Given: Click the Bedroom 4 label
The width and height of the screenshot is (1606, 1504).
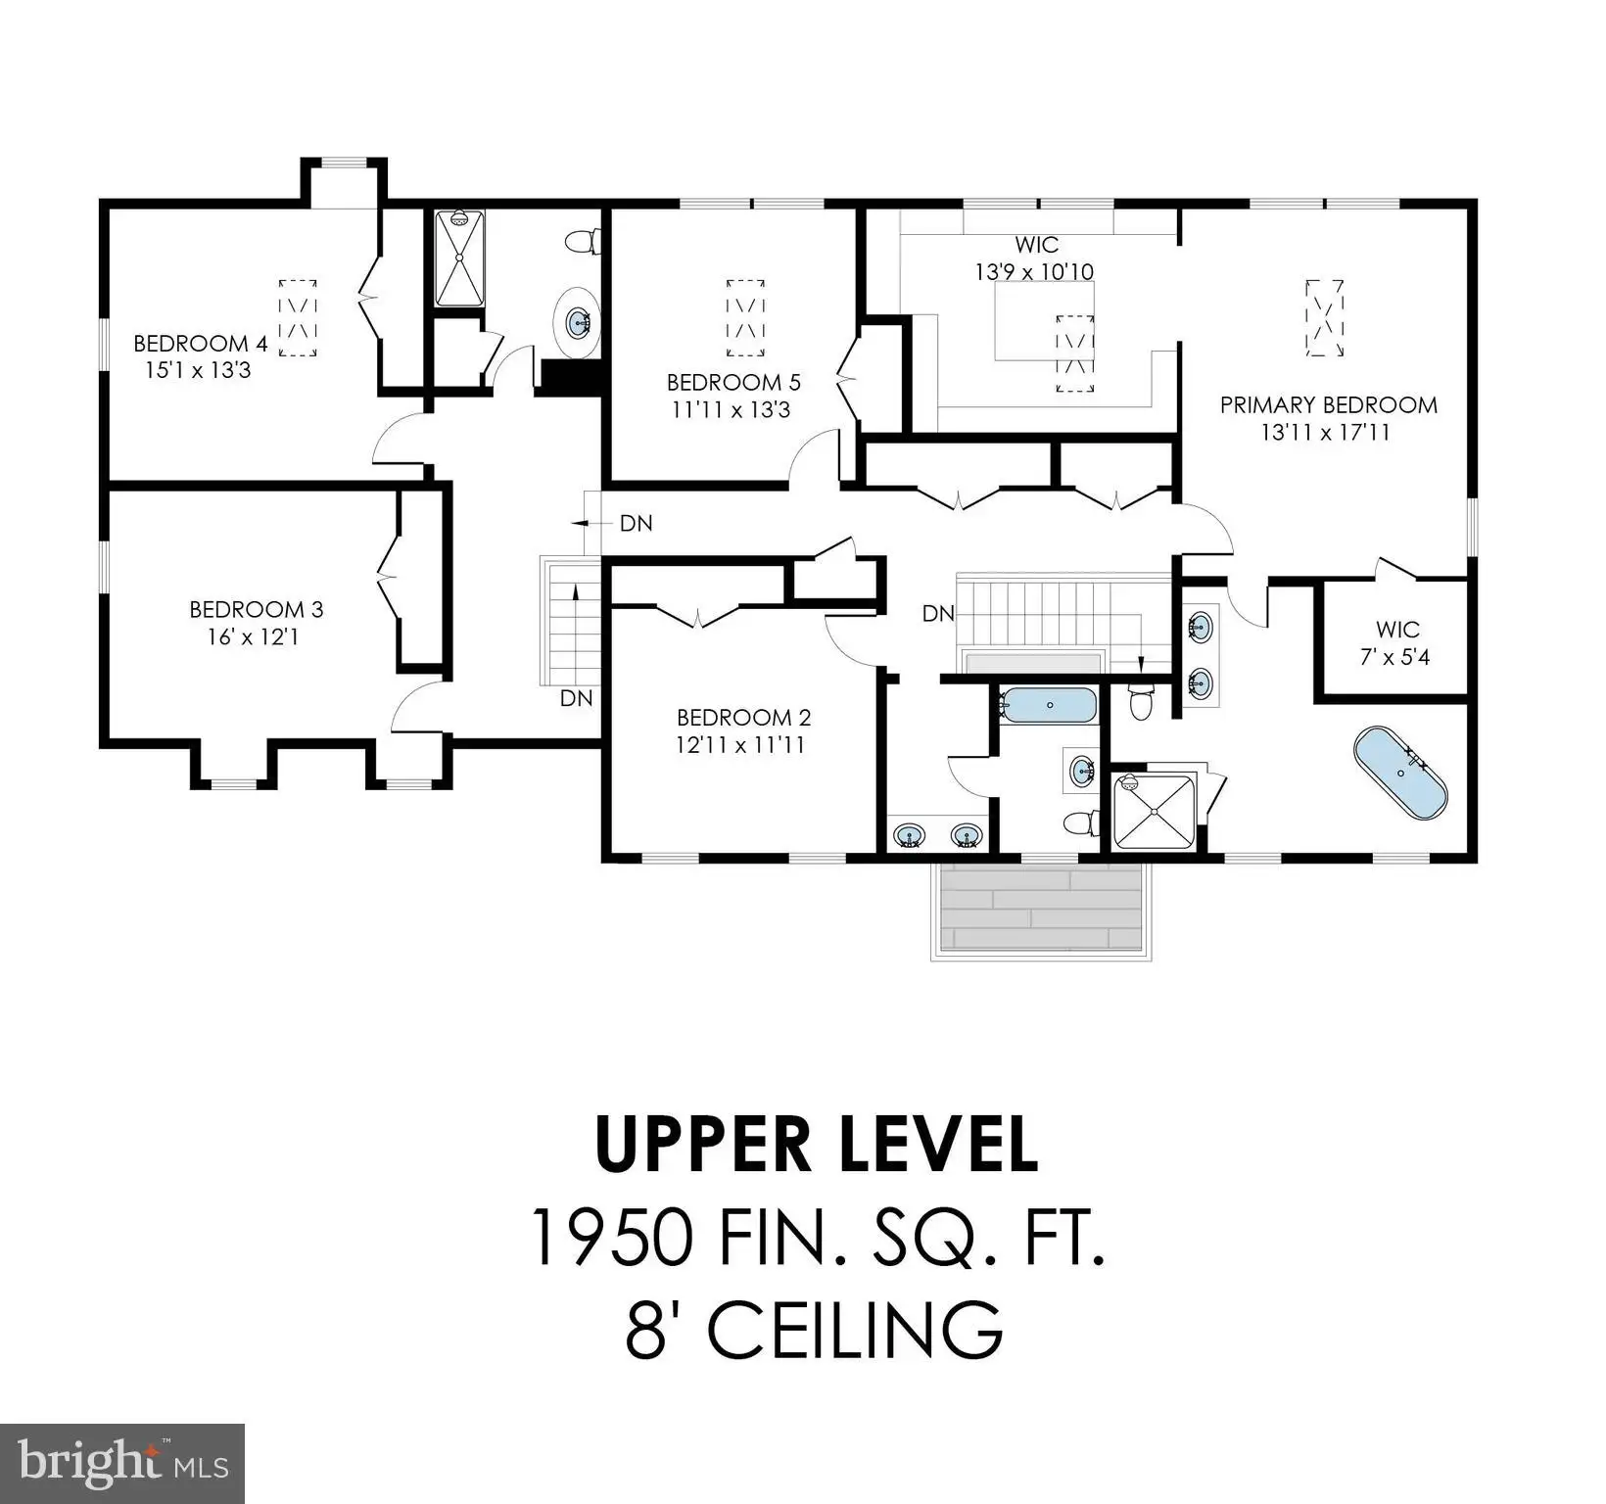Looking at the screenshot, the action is (200, 344).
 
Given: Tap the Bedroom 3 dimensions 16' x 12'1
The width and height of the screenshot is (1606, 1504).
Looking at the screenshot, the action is (253, 636).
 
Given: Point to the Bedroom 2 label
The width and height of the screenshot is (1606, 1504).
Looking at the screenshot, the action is (743, 718).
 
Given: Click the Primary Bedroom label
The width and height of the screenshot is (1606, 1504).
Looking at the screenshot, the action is (1328, 404).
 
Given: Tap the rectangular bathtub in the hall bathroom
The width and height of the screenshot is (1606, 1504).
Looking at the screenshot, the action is (1047, 704).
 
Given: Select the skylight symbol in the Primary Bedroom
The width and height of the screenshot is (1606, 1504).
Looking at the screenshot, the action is (1325, 318).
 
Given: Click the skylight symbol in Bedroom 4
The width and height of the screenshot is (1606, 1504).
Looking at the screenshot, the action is (298, 317).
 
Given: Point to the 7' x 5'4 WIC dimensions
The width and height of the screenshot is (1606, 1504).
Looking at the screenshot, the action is (1395, 657).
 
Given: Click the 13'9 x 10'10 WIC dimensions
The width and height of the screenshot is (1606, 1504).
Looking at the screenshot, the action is (1034, 271).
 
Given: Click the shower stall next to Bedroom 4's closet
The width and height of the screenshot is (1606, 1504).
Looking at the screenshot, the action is (459, 259).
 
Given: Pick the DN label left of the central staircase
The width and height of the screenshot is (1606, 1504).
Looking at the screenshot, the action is (938, 614).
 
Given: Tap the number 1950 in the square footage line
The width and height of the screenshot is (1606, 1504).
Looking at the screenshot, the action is (612, 1238).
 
